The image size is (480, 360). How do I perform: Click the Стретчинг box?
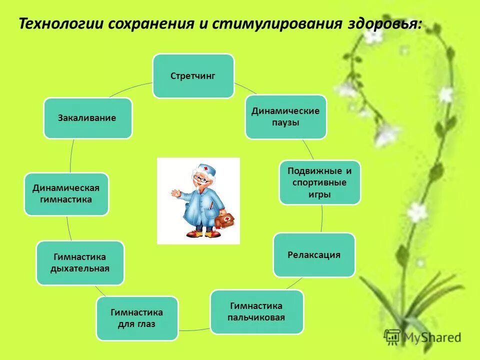[193, 76]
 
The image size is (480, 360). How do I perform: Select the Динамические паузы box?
[285, 116]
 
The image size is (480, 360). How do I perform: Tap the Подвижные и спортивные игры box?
[319, 182]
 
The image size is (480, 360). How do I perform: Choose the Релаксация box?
[314, 255]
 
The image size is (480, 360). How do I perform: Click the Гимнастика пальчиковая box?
[256, 312]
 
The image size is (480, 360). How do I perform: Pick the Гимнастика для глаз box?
[137, 318]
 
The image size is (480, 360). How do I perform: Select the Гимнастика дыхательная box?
[80, 263]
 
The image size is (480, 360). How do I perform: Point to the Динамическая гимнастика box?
[66, 194]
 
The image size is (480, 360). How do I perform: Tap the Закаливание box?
[87, 118]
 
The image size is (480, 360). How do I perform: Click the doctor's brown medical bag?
[225, 220]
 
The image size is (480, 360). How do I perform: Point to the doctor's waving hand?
[175, 192]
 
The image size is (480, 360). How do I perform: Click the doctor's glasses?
[201, 178]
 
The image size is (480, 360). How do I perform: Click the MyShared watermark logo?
[422, 337]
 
